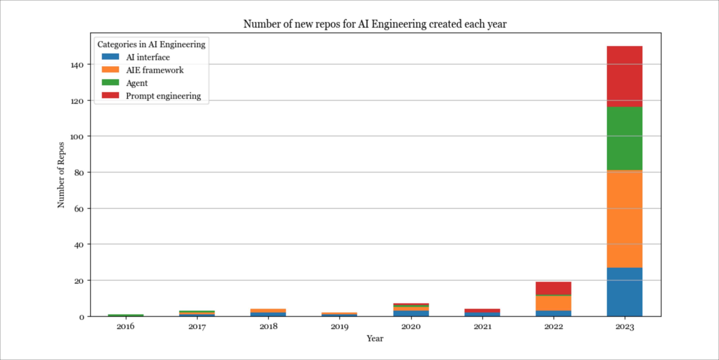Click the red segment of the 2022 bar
(553, 288)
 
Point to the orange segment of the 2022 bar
(553, 303)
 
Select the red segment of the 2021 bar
(482, 311)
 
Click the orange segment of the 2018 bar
(268, 311)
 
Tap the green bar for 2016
(126, 315)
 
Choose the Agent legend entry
(137, 83)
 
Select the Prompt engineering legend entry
(163, 96)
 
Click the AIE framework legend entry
(155, 70)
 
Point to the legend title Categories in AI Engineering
(151, 44)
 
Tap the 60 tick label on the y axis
(79, 209)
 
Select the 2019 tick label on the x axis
(339, 326)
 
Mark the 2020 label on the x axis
(411, 326)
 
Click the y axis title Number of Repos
(61, 175)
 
